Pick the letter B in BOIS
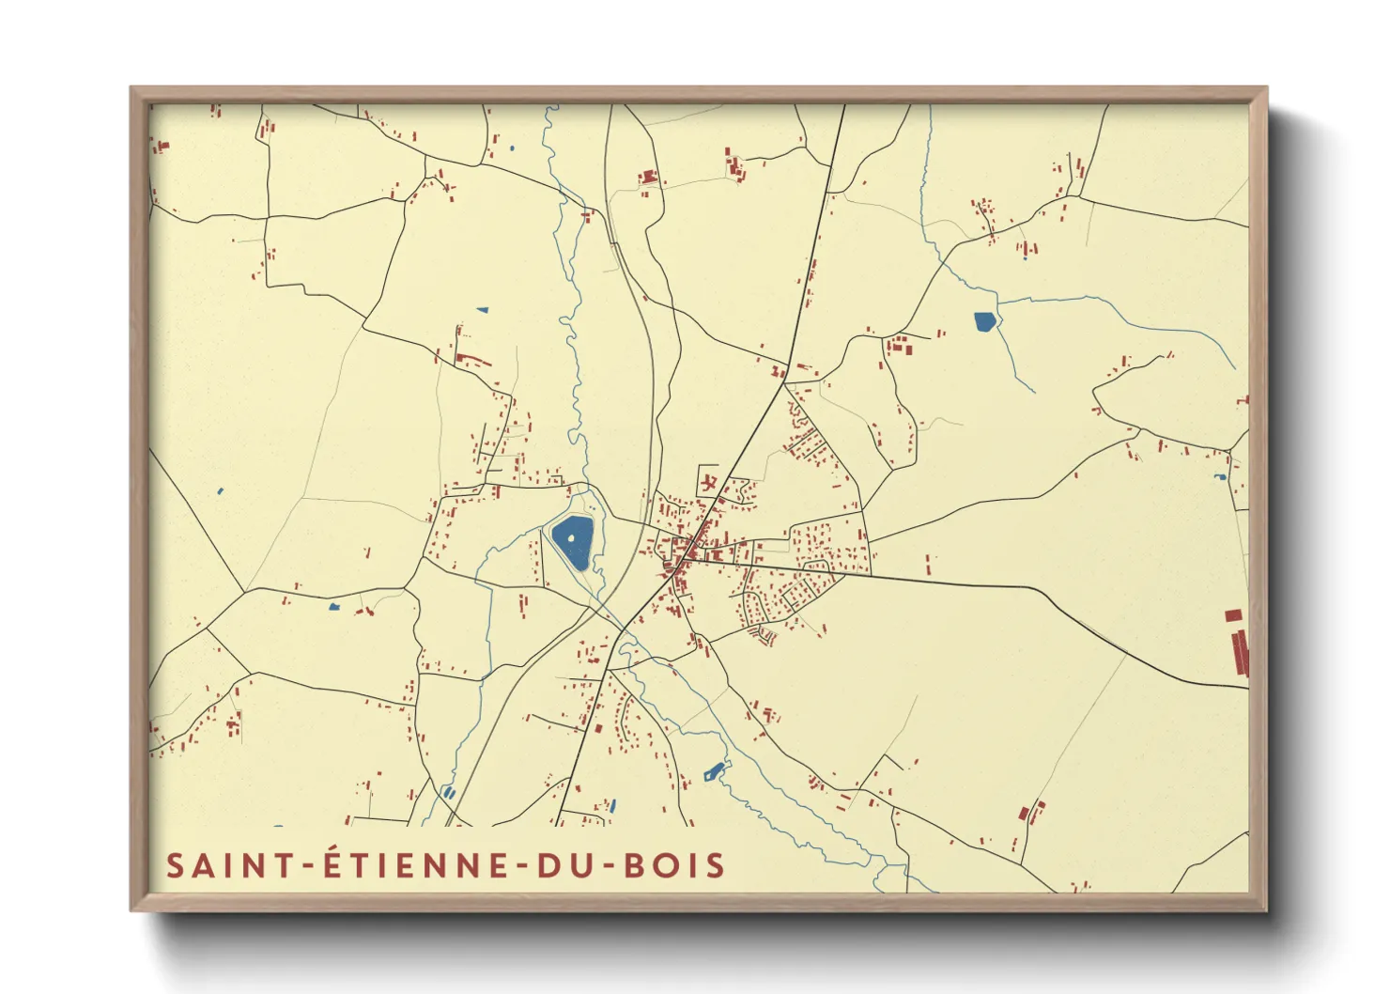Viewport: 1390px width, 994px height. (636, 865)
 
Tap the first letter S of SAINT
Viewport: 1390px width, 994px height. (175, 865)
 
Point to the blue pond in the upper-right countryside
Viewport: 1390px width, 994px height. (984, 322)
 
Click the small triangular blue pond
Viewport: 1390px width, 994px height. (483, 309)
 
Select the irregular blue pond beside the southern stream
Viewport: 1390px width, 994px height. (714, 772)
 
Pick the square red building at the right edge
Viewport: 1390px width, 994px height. (1233, 615)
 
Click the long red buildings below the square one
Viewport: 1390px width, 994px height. (1240, 652)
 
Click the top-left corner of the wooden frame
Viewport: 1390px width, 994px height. (131, 88)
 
